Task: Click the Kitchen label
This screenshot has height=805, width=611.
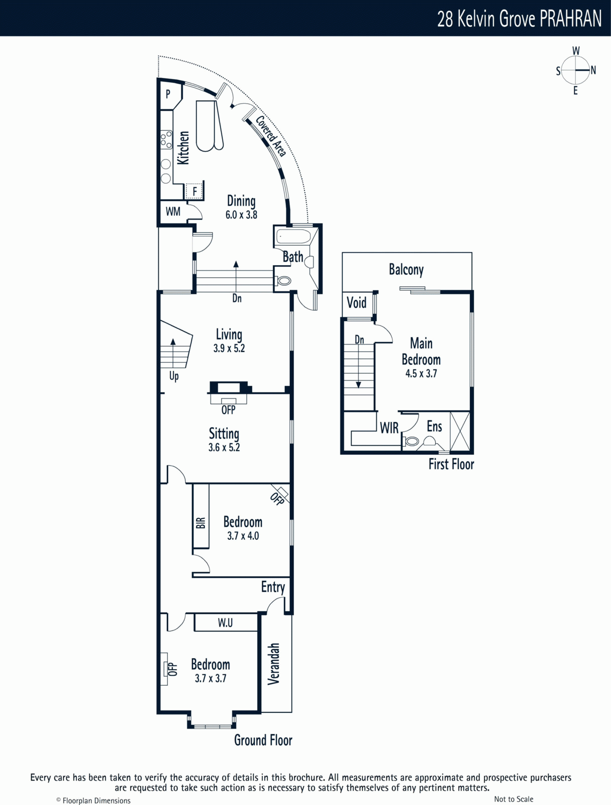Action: click(183, 147)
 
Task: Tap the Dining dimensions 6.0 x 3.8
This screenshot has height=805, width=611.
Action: click(241, 214)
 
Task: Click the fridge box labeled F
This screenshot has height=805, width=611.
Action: click(194, 191)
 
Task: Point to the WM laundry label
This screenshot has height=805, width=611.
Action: click(173, 212)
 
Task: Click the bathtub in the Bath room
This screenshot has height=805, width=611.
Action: click(292, 236)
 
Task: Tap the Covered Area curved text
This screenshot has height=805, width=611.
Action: click(270, 136)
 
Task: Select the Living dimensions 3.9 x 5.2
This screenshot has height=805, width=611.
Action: click(229, 348)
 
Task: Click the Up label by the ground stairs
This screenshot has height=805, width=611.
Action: click(174, 376)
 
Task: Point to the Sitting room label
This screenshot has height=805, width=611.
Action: click(224, 434)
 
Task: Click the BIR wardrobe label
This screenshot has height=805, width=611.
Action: click(200, 523)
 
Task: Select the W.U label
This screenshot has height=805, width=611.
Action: click(225, 623)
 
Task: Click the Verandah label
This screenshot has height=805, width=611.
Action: click(273, 664)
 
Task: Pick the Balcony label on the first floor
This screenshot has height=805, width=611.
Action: click(406, 270)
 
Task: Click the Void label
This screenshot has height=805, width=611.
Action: click(357, 303)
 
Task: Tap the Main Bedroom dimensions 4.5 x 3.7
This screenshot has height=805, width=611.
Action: click(421, 373)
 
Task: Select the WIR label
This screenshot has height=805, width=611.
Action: click(389, 428)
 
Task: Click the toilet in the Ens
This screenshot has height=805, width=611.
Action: click(412, 441)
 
